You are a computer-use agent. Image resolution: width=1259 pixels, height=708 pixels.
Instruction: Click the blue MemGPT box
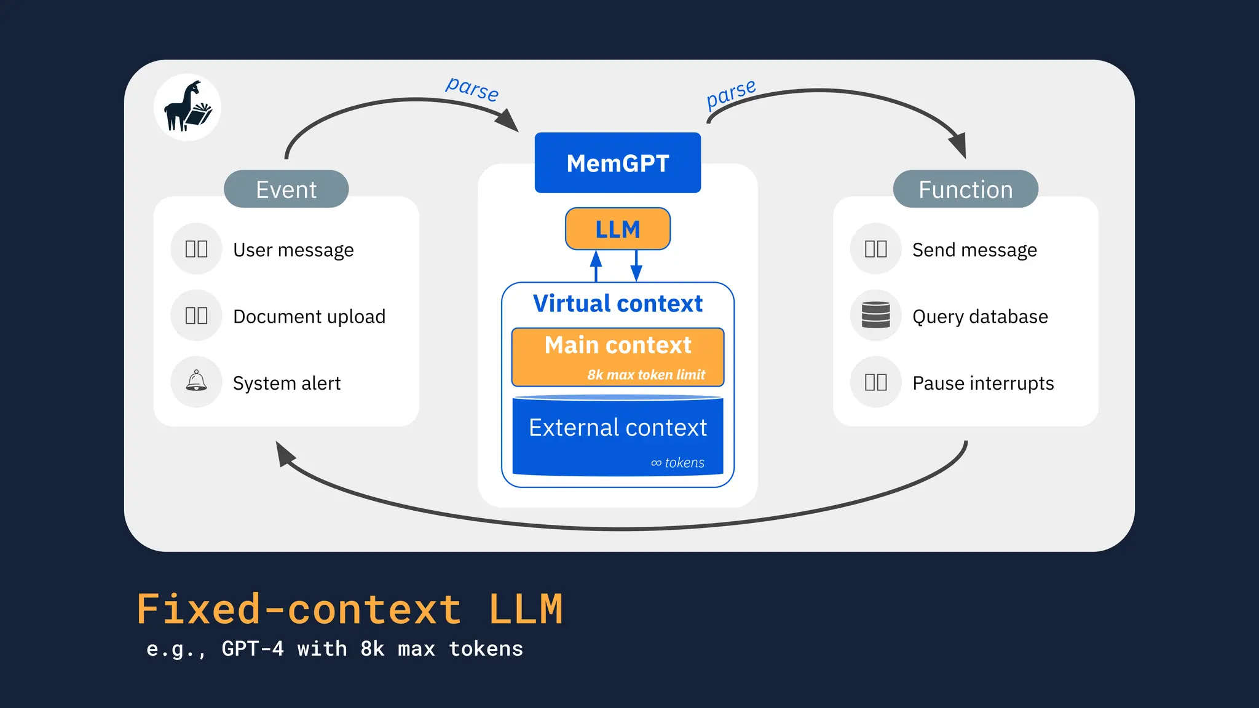tap(617, 163)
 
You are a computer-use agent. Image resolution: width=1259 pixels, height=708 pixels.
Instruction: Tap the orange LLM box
tap(617, 229)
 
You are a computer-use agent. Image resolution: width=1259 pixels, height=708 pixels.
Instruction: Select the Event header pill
tap(286, 189)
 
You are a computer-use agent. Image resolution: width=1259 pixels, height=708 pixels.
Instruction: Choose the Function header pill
tap(965, 189)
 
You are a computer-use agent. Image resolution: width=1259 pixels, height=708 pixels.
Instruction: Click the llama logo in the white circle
tap(187, 108)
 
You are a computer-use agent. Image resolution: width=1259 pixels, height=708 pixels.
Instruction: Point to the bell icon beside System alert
tap(196, 382)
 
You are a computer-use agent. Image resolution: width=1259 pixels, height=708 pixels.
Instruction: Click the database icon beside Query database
tap(875, 315)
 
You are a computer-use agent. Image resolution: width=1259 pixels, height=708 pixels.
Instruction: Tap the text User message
tap(293, 250)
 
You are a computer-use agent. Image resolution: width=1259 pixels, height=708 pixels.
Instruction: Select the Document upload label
tap(309, 317)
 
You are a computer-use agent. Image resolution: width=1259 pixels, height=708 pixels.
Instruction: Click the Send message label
tap(974, 250)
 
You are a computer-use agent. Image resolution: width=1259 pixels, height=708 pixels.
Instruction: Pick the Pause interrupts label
tap(983, 383)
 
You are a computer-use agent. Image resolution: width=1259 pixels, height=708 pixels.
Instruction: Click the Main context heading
tap(617, 345)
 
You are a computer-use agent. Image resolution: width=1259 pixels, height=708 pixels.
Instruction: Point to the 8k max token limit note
tap(646, 375)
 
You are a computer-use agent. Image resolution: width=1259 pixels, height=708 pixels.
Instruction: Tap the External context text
tap(617, 428)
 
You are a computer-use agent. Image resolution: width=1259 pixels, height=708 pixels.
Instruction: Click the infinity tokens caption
tap(677, 463)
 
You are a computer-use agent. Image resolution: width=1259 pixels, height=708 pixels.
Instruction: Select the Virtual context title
tap(617, 304)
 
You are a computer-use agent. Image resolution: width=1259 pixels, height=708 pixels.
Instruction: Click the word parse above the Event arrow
tap(472, 89)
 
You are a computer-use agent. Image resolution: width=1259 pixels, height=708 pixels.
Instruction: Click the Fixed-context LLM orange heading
tap(349, 610)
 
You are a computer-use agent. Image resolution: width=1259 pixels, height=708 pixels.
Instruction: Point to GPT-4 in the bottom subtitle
tap(253, 649)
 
